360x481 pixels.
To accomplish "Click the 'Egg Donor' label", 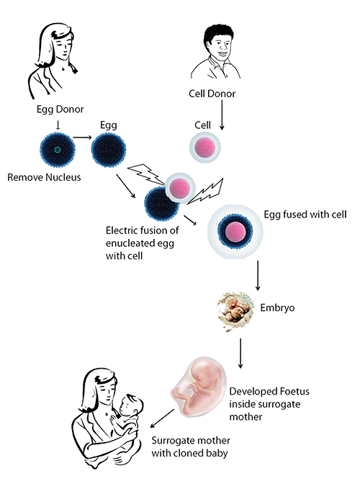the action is pyautogui.click(x=60, y=109).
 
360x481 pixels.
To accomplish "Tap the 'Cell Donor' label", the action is pyautogui.click(x=212, y=94).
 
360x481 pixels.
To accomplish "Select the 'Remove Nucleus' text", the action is pyautogui.click(x=44, y=177).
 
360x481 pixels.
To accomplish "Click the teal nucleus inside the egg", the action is pyautogui.click(x=58, y=150).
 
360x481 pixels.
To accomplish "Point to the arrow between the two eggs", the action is pyautogui.click(x=82, y=138).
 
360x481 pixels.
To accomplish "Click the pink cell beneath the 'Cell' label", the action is pyautogui.click(x=204, y=148).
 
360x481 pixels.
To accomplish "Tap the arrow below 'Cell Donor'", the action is pyautogui.click(x=222, y=115).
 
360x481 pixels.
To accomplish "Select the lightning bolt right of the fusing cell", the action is pyautogui.click(x=205, y=192).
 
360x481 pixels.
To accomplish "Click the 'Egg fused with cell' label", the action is pyautogui.click(x=305, y=214).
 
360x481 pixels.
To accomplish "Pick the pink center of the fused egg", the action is pyautogui.click(x=235, y=232).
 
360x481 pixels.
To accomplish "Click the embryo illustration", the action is pyautogui.click(x=235, y=311).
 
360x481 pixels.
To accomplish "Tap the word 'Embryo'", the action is pyautogui.click(x=277, y=307).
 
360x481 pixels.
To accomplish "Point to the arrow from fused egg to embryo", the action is pyautogui.click(x=258, y=275).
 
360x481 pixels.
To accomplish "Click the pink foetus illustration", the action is pyautogui.click(x=199, y=387).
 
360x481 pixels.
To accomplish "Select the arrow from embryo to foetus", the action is pyautogui.click(x=240, y=353).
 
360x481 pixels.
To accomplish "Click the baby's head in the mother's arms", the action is pyautogui.click(x=131, y=405).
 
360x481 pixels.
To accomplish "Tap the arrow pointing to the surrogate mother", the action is pyautogui.click(x=162, y=418).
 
